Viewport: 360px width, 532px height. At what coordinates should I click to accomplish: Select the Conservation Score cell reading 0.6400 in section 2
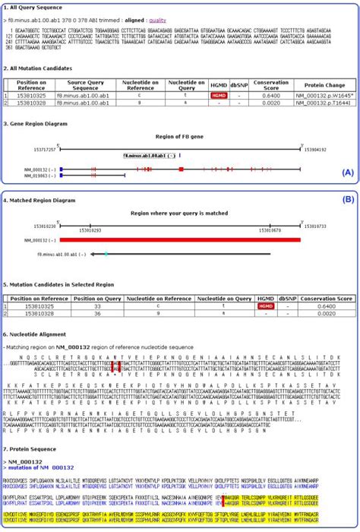click(x=282, y=97)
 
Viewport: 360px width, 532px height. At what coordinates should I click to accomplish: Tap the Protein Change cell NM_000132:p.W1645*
click(x=331, y=97)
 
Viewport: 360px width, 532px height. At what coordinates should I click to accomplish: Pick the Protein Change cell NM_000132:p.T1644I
click(x=331, y=103)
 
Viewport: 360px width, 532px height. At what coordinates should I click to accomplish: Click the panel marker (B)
click(x=348, y=200)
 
